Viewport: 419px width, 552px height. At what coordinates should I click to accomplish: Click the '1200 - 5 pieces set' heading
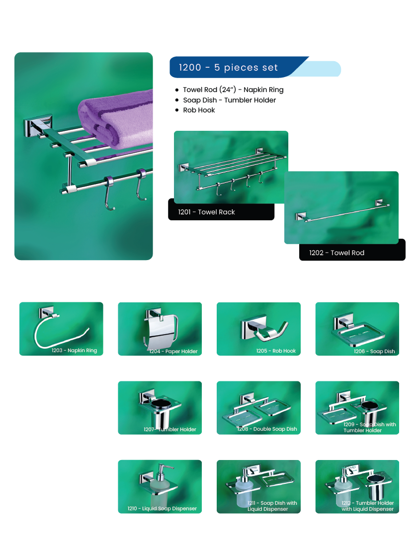(228, 67)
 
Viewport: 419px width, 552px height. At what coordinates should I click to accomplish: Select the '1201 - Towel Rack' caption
(206, 212)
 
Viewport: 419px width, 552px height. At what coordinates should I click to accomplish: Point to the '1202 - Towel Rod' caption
(336, 253)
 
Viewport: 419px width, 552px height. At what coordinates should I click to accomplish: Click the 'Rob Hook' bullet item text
(199, 110)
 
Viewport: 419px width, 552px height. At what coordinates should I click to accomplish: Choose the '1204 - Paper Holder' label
(173, 351)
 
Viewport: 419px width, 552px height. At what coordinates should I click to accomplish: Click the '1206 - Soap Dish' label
(374, 351)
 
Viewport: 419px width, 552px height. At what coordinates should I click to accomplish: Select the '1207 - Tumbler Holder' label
(170, 430)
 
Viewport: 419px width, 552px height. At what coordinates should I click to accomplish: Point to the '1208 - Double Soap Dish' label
(267, 429)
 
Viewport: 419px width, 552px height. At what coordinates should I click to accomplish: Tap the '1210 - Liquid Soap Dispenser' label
(162, 508)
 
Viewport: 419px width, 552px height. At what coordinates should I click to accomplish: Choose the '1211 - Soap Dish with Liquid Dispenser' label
(272, 506)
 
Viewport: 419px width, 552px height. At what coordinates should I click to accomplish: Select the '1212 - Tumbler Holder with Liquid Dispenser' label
(368, 506)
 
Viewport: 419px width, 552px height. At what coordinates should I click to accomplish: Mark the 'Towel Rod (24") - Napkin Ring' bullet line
(233, 90)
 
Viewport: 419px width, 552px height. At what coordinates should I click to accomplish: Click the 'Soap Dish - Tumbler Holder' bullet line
(229, 100)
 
